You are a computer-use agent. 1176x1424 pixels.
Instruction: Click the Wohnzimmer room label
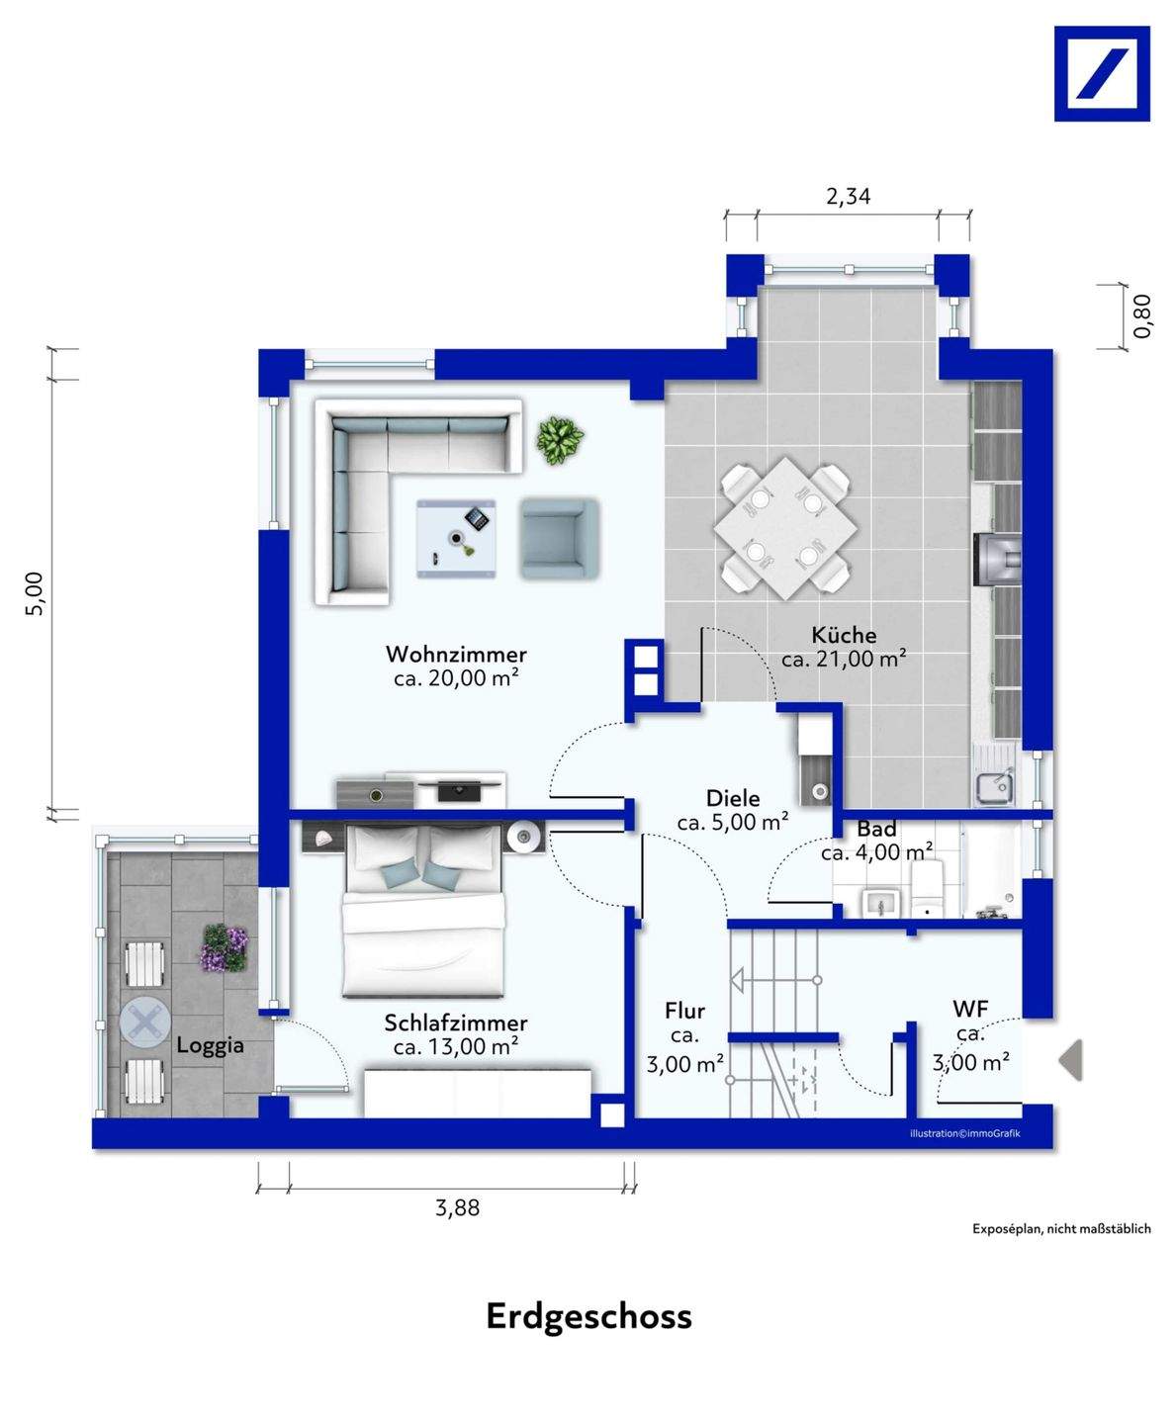pyautogui.click(x=456, y=654)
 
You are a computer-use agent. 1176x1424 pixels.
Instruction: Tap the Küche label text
pyautogui.click(x=844, y=635)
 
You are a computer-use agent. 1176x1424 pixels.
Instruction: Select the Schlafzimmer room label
pyautogui.click(x=456, y=1023)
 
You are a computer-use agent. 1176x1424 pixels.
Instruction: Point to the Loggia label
pyautogui.click(x=210, y=1045)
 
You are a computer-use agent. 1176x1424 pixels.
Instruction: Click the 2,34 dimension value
pyautogui.click(x=849, y=197)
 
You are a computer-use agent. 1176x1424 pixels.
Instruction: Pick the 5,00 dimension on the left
pyautogui.click(x=35, y=592)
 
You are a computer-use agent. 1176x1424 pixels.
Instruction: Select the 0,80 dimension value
pyautogui.click(x=1142, y=315)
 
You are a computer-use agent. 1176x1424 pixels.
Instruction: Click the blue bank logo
pyautogui.click(x=1102, y=73)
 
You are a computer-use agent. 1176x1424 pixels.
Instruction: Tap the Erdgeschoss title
pyautogui.click(x=588, y=1335)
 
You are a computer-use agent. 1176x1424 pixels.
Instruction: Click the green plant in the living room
pyautogui.click(x=560, y=441)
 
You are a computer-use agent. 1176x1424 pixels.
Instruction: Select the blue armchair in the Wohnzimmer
pyautogui.click(x=560, y=539)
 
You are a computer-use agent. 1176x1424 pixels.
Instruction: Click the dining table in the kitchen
pyautogui.click(x=786, y=529)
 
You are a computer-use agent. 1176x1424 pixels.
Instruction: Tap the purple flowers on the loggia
pyautogui.click(x=224, y=947)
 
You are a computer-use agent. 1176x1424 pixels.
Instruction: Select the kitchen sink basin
pyautogui.click(x=993, y=787)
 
